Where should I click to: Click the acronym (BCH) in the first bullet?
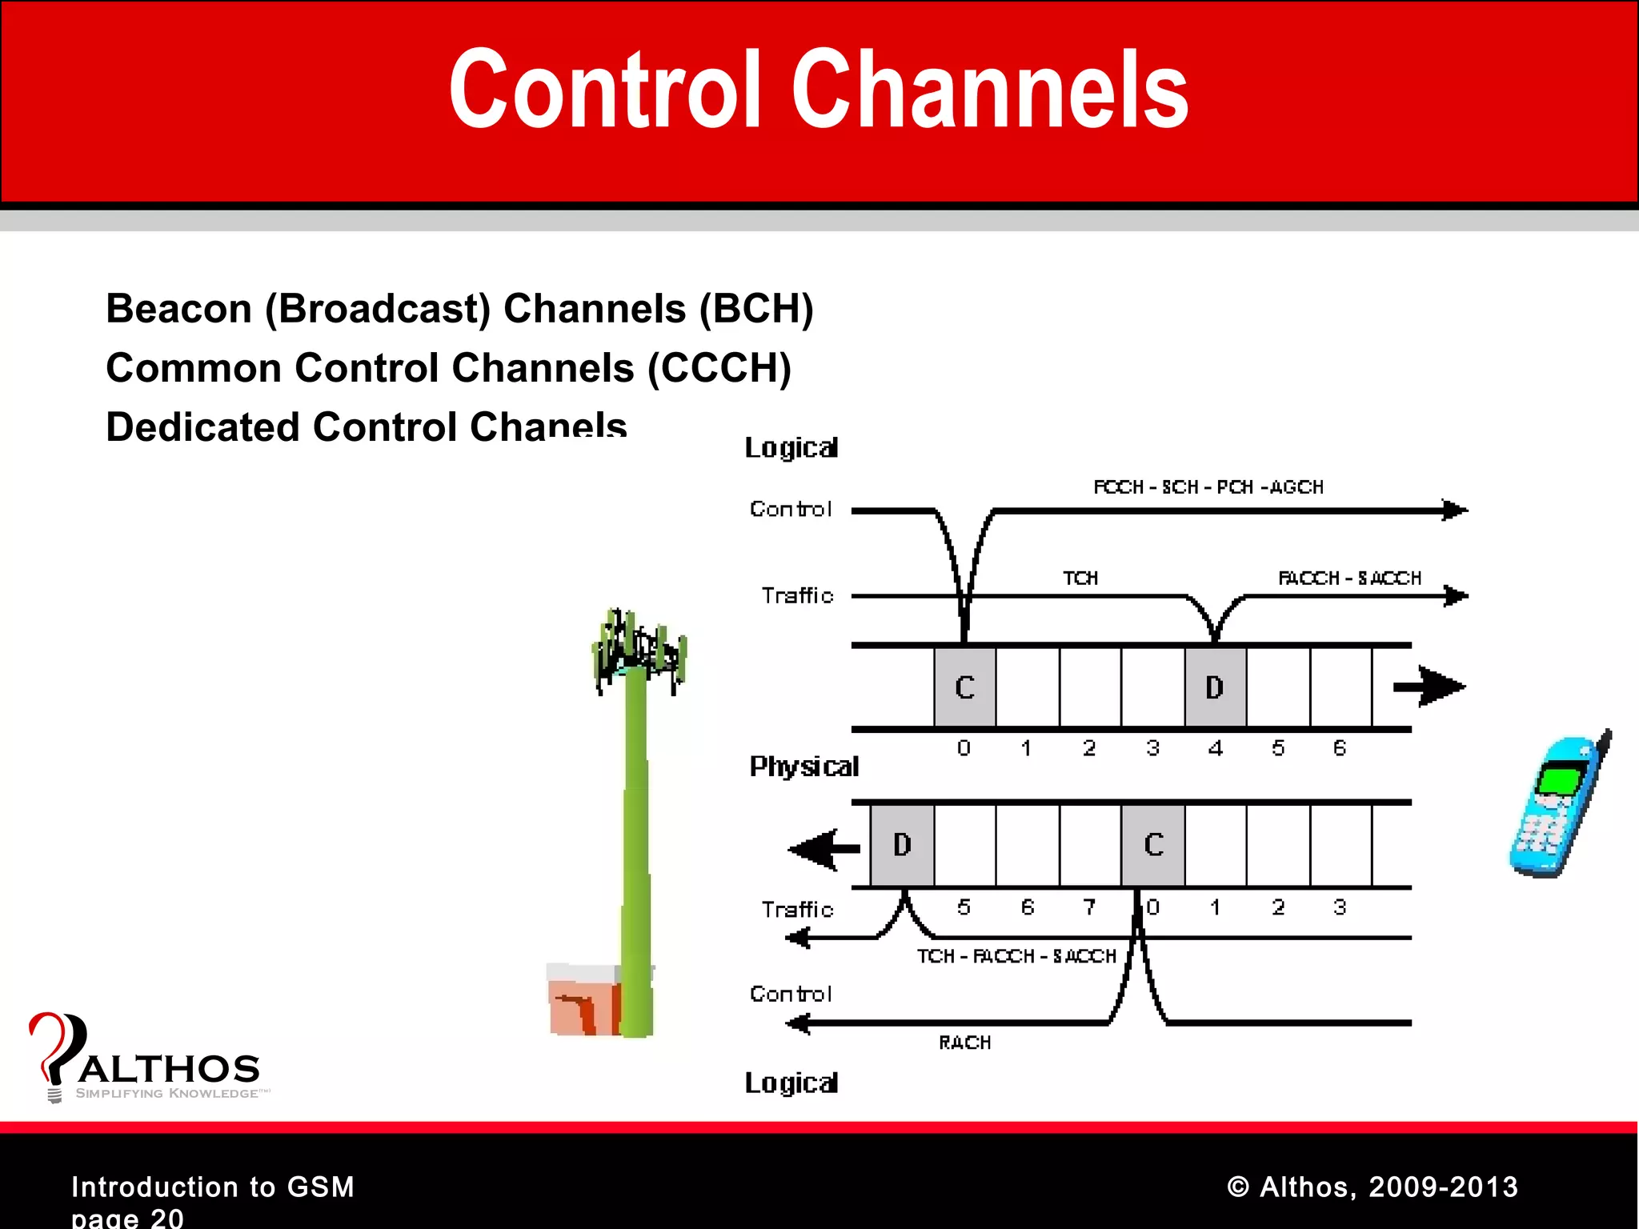(755, 309)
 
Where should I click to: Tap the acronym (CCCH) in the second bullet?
(719, 368)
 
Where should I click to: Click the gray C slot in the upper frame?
(965, 687)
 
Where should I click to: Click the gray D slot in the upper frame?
(1215, 687)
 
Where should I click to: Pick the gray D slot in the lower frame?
(902, 845)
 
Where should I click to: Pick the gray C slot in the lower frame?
(1153, 845)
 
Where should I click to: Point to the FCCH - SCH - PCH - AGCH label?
(1208, 487)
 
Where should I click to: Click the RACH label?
(964, 1043)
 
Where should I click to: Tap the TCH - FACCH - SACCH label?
(1016, 956)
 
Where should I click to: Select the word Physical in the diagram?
(803, 767)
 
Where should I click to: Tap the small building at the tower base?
(583, 1000)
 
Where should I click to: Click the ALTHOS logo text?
(170, 1069)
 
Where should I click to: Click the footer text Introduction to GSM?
(213, 1187)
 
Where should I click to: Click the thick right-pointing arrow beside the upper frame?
(1429, 687)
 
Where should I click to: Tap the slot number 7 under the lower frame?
(1089, 907)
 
